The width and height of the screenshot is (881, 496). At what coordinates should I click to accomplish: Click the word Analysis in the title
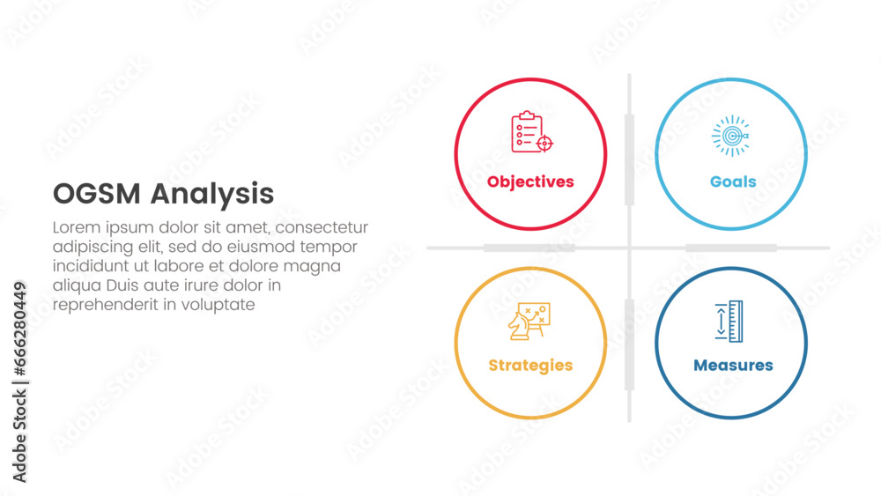pos(211,195)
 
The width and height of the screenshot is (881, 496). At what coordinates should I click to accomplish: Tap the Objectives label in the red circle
pos(530,181)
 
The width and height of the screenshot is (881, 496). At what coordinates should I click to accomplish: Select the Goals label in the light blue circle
pos(733,181)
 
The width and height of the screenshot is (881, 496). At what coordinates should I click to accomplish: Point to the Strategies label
pos(530,365)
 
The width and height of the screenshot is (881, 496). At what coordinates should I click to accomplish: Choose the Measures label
pos(733,365)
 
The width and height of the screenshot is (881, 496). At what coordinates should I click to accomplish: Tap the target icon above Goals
pos(731,137)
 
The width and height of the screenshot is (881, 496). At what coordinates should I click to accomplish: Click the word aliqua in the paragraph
pos(76,285)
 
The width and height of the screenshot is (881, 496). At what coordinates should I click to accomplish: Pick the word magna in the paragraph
pos(317,266)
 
